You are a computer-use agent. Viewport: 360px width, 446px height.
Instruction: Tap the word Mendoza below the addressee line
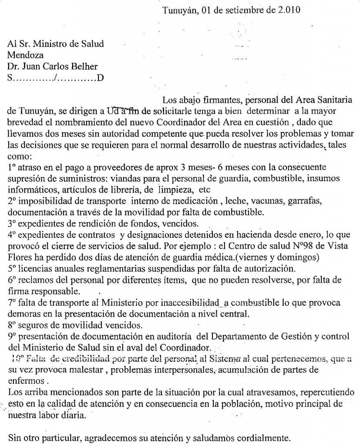coord(26,55)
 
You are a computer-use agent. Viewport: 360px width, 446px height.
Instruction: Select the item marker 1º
coord(12,167)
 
